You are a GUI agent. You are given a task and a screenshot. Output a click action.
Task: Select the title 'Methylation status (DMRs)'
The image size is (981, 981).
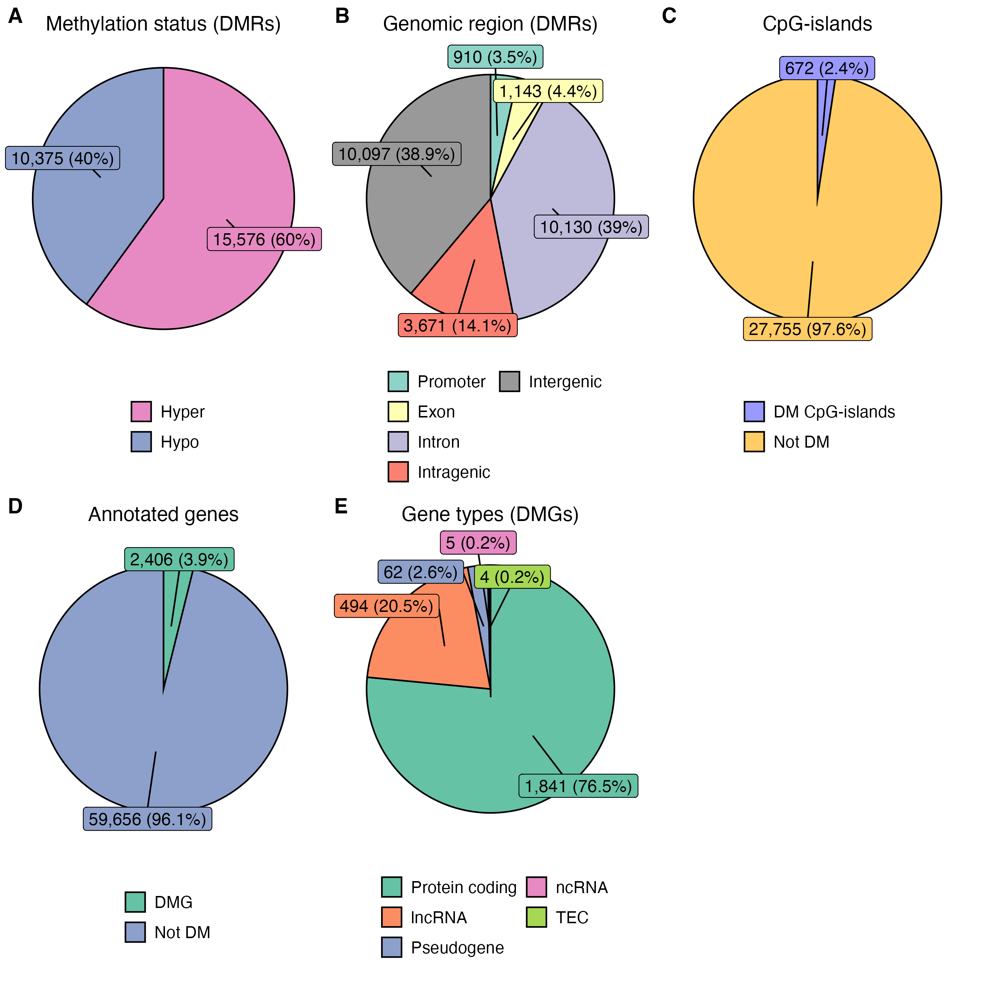tap(163, 24)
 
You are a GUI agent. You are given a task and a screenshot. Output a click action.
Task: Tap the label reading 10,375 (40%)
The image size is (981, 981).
tap(62, 158)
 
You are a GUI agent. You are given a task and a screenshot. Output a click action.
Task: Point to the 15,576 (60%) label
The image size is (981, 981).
tap(264, 239)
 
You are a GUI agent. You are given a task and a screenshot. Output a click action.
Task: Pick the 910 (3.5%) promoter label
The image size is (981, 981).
tap(495, 57)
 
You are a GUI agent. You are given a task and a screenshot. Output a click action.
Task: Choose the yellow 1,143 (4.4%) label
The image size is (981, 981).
tap(548, 92)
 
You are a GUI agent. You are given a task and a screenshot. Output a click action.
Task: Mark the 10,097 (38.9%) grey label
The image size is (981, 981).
tap(396, 154)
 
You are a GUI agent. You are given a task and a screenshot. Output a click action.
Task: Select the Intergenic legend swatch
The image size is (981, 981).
tap(509, 382)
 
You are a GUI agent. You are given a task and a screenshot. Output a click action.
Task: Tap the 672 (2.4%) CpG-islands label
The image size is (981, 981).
tap(827, 68)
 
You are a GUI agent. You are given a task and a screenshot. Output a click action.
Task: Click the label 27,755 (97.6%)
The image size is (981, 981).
tap(807, 329)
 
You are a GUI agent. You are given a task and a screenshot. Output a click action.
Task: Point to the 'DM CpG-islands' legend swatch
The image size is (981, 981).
tap(754, 412)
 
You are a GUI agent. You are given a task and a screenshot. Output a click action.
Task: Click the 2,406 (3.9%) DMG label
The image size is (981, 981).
tap(179, 560)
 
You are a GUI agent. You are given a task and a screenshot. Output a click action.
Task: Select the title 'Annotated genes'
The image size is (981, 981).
tap(163, 514)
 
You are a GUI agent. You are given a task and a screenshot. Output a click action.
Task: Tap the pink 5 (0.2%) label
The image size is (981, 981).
tap(478, 543)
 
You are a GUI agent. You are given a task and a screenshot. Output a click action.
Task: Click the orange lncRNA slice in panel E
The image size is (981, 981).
tap(427, 645)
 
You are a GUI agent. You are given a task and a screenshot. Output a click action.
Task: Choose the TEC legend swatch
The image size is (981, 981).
tap(536, 917)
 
